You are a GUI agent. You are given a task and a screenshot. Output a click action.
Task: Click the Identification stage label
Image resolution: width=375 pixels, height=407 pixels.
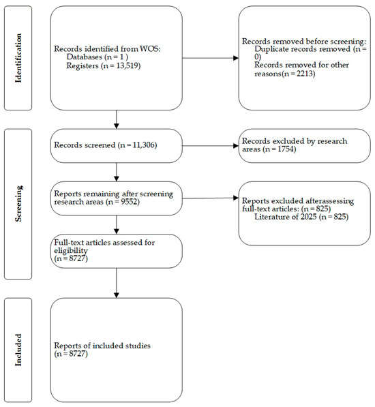click(18, 58)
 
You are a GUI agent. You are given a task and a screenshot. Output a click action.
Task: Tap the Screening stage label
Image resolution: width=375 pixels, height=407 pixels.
click(18, 203)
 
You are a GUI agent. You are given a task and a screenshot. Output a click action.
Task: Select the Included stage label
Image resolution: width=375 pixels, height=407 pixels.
click(18, 350)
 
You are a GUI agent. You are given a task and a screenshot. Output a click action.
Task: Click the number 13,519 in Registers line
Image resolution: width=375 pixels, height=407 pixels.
click(127, 66)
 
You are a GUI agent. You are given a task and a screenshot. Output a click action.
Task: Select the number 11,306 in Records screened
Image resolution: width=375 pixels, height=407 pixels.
click(143, 145)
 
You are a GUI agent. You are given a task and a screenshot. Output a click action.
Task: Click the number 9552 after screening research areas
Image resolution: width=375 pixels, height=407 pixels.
click(129, 202)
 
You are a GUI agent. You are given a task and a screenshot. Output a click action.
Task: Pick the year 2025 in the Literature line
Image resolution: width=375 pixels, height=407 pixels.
click(308, 217)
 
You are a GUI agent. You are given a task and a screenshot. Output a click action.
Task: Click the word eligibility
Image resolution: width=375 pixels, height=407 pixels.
click(71, 251)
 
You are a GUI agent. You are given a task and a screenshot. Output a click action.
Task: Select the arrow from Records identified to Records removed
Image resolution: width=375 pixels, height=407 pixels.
click(210, 58)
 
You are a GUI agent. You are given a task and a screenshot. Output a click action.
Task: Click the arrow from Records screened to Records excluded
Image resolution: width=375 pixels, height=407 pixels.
click(210, 146)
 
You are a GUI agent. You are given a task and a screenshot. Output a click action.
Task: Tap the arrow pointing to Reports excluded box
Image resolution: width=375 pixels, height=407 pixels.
click(210, 198)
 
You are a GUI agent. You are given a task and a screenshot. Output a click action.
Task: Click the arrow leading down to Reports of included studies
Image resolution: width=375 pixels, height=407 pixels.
click(117, 283)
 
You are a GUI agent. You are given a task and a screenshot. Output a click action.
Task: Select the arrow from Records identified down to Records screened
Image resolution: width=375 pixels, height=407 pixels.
click(117, 119)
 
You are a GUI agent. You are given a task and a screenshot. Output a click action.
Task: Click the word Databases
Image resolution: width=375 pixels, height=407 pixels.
click(85, 57)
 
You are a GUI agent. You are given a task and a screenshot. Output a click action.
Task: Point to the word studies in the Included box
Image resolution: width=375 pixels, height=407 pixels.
click(138, 346)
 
